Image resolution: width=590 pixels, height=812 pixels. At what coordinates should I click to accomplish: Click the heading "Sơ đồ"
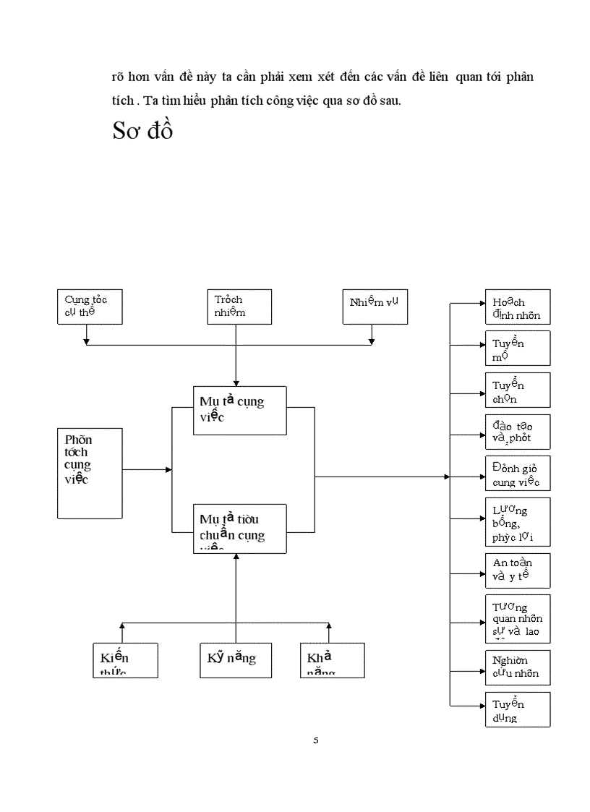142,130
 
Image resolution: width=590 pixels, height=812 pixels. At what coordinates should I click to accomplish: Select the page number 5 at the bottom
316,740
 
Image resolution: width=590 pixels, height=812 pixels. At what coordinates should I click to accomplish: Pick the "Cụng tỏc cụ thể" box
89,306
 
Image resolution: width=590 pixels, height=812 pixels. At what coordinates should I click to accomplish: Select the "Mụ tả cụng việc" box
239,410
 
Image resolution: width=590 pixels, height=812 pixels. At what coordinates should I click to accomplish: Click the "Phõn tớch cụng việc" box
90,473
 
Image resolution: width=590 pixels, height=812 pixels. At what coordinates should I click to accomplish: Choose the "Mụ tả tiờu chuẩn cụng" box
239,528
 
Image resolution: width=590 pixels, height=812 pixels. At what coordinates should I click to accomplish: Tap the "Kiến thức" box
125,659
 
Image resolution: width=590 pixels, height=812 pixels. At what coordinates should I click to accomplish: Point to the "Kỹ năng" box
236,659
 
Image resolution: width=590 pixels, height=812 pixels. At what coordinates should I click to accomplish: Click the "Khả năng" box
331,659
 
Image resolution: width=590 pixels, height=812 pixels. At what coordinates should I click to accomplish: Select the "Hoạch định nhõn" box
517,306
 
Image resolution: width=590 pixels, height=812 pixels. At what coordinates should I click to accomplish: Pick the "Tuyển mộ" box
517,348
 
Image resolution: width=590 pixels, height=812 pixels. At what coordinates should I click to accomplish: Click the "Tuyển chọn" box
517,390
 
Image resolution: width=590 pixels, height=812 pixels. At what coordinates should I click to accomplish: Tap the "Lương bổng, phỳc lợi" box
517,521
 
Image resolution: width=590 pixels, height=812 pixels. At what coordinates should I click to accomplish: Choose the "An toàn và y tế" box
517,570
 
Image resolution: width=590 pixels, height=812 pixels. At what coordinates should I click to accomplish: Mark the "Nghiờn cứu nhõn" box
517,667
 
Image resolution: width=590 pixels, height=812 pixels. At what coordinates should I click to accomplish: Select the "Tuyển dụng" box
517,709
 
